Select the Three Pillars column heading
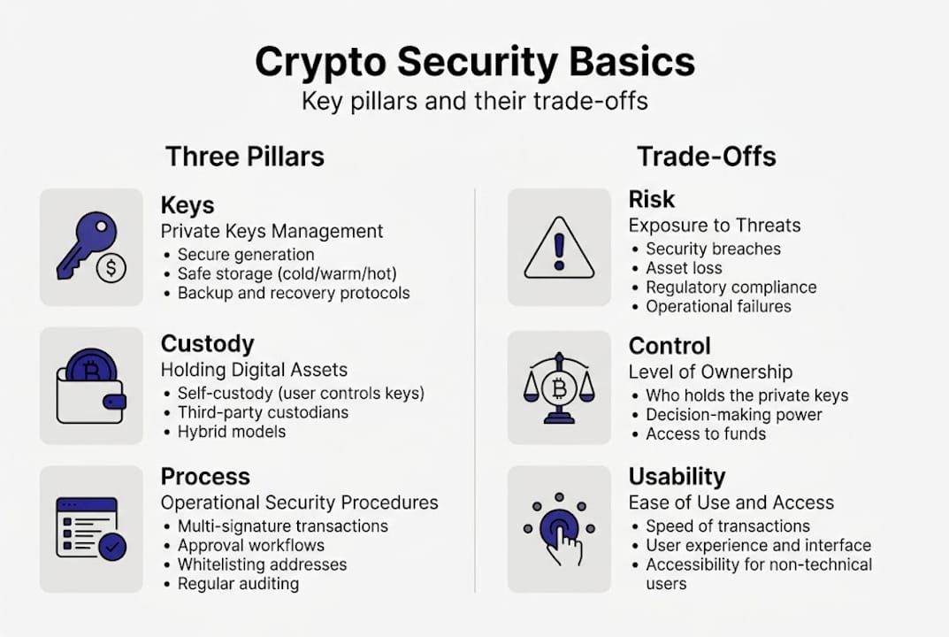pos(245,157)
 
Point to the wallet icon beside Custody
pos(90,386)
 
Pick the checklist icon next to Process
pos(90,528)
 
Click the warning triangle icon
pos(559,249)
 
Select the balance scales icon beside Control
pos(559,387)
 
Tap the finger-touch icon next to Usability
pos(559,529)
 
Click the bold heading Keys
pos(188,205)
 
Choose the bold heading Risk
pos(652,199)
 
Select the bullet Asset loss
pos(684,268)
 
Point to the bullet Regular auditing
pos(238,584)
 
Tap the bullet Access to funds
pos(706,434)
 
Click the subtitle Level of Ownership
pos(710,372)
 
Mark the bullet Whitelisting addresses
pos(262,564)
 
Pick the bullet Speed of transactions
pos(728,526)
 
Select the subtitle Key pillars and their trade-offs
pos(474,101)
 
